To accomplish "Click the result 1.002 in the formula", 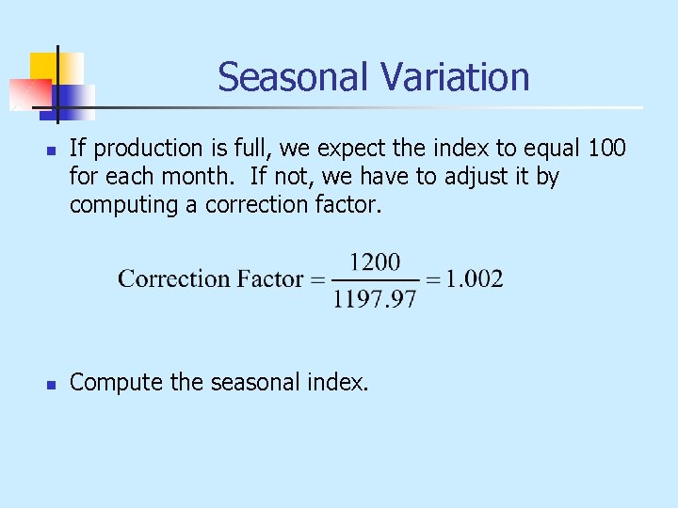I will [x=473, y=278].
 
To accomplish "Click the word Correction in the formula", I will [x=173, y=278].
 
